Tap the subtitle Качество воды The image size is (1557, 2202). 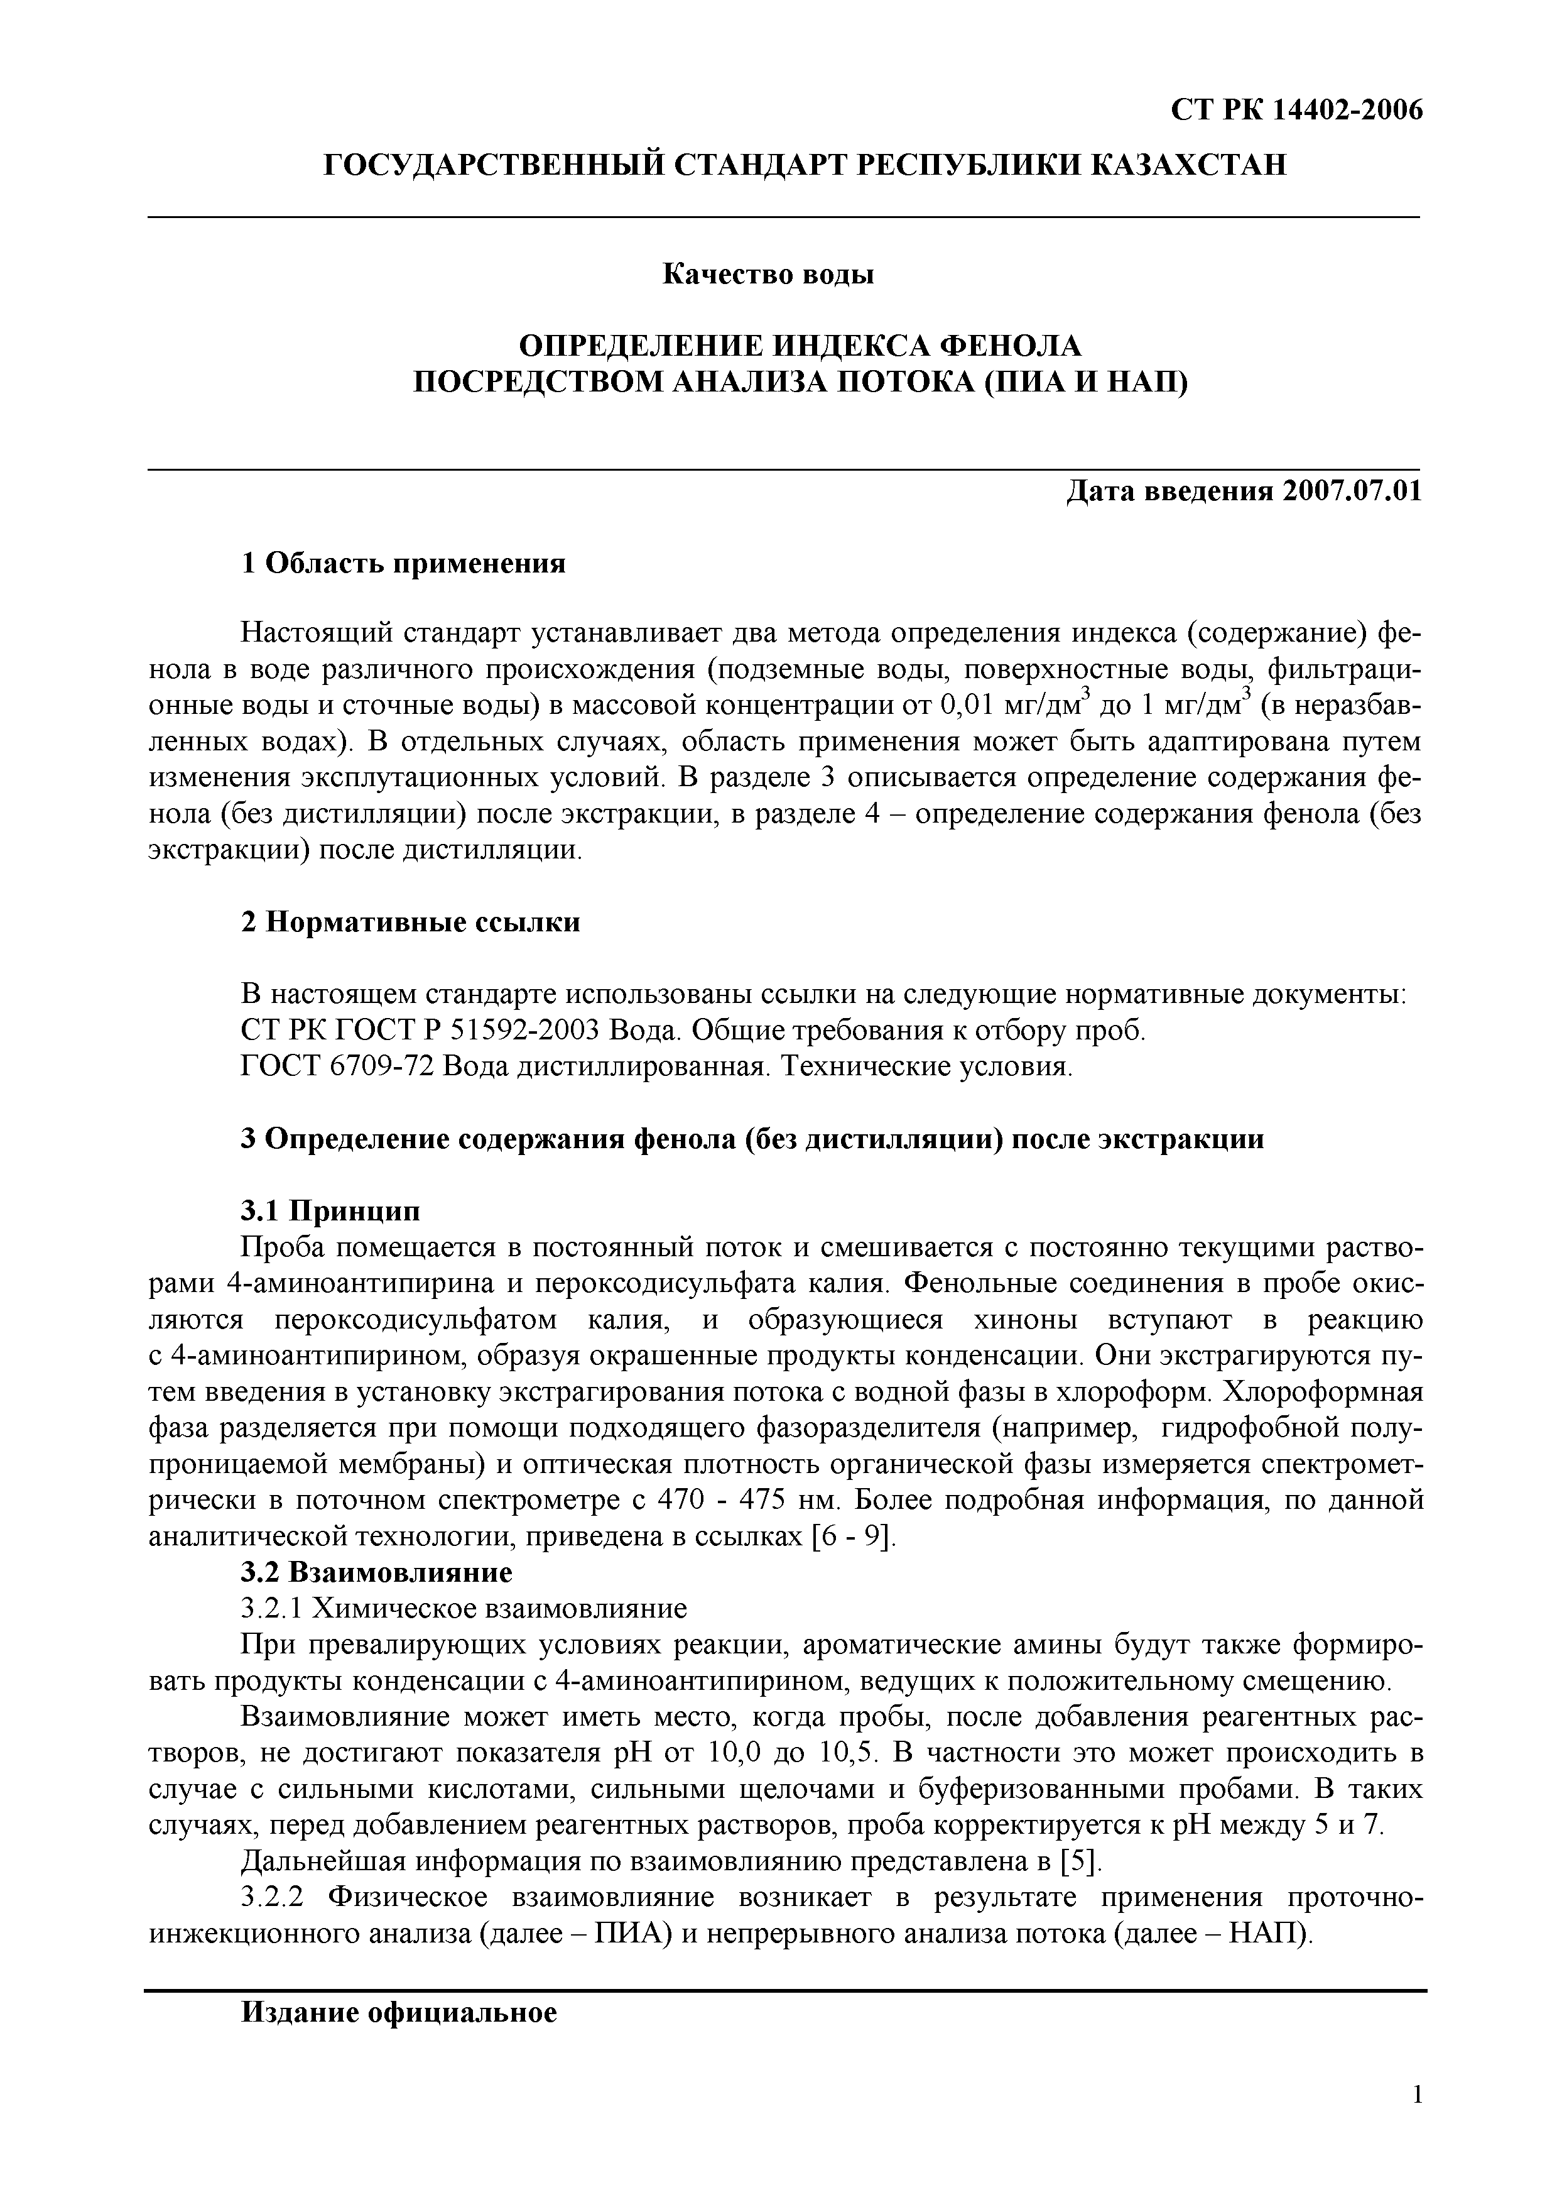(768, 275)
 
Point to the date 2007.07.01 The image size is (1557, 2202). (1352, 492)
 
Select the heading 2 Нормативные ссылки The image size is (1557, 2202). (410, 923)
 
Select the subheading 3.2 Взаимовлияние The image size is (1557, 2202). (376, 1572)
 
